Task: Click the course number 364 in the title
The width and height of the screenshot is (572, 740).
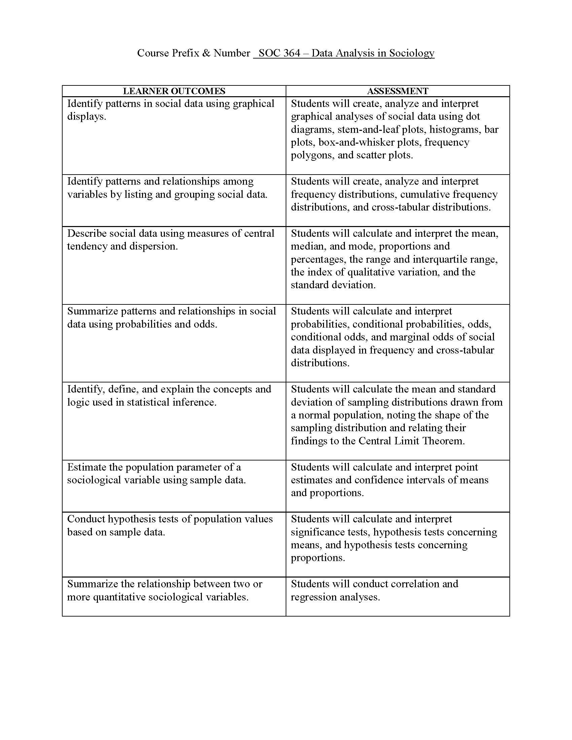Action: (x=292, y=53)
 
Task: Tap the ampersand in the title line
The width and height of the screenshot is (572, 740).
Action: (x=206, y=53)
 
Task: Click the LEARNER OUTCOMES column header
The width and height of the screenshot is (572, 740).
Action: (x=174, y=91)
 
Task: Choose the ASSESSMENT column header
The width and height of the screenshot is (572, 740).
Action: (x=397, y=91)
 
